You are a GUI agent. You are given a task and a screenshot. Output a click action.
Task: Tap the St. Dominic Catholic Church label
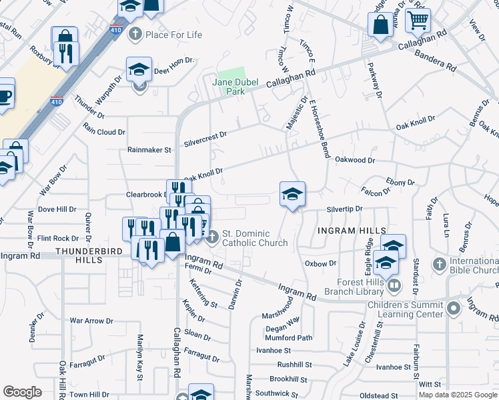(255, 238)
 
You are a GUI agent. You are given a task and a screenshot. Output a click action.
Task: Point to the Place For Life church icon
(135, 33)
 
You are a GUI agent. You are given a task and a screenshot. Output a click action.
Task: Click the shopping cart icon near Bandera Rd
(418, 20)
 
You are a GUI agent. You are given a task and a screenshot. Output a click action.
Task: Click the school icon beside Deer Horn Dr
(139, 69)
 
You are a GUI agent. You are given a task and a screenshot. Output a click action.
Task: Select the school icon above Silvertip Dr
(292, 194)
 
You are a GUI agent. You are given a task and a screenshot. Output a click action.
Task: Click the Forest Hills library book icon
(394, 286)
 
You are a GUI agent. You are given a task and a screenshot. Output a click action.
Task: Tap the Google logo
(22, 392)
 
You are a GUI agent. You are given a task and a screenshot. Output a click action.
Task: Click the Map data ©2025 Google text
(457, 395)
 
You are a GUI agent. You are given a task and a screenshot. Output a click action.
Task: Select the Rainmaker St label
(149, 150)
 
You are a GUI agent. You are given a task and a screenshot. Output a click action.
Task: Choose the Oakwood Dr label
(355, 160)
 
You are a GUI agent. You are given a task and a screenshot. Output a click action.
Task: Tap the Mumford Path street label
(288, 338)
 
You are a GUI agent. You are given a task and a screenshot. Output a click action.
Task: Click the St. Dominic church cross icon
(212, 237)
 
